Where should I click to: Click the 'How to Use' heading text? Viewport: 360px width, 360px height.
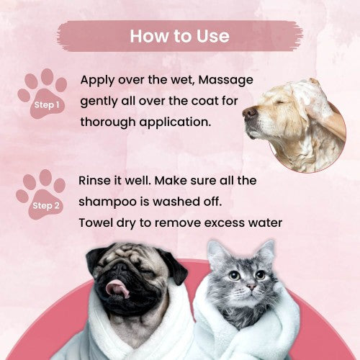(180, 36)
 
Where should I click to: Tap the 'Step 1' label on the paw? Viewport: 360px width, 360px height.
(47, 105)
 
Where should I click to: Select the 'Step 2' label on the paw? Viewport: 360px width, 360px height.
(46, 206)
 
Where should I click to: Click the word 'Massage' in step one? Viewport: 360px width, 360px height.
(226, 80)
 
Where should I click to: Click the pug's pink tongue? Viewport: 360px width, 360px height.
(117, 288)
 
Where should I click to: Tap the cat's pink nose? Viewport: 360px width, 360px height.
(251, 287)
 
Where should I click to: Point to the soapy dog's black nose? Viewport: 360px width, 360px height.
(250, 112)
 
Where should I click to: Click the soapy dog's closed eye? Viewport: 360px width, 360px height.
(279, 103)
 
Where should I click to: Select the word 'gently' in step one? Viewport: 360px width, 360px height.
(99, 102)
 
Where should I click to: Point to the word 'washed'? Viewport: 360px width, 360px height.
(176, 202)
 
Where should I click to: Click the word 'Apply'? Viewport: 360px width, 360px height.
(97, 81)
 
